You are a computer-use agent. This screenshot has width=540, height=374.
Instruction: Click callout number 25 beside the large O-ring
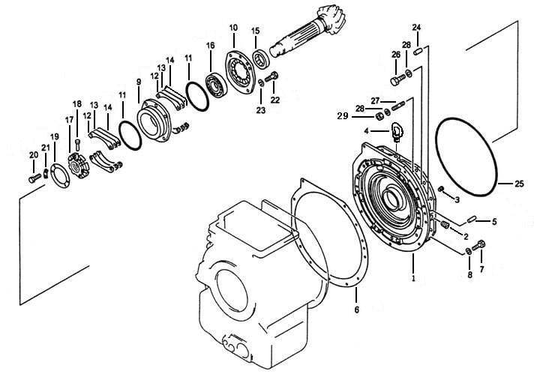click(x=519, y=184)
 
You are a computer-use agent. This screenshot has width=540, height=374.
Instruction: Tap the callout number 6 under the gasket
click(x=357, y=310)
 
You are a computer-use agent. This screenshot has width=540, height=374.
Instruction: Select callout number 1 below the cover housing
click(x=413, y=277)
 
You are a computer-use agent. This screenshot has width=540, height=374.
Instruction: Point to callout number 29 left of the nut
click(x=343, y=116)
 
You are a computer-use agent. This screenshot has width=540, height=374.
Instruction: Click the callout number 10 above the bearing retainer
click(x=233, y=28)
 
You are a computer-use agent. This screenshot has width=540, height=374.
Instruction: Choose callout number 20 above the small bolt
click(x=34, y=155)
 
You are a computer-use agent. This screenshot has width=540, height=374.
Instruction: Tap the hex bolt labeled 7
click(x=478, y=246)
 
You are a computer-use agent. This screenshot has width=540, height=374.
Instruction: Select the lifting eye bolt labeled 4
click(x=397, y=133)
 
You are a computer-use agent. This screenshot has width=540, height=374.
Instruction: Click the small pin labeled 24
click(x=418, y=52)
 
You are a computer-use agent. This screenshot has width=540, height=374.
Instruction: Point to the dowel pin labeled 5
click(x=471, y=219)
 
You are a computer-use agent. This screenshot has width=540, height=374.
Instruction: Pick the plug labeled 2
click(x=445, y=225)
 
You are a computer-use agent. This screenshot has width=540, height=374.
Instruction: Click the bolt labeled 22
click(x=271, y=77)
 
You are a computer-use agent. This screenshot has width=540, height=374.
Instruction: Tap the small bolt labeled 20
click(x=35, y=178)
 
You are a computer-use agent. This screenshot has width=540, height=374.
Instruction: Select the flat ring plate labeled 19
click(x=60, y=176)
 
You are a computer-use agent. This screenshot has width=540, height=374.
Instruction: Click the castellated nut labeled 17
click(x=79, y=166)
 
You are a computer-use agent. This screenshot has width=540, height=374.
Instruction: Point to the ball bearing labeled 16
click(x=217, y=84)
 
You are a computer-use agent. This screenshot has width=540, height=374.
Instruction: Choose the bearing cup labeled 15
click(x=262, y=59)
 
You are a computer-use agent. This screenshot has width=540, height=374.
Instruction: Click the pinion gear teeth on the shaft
click(x=331, y=18)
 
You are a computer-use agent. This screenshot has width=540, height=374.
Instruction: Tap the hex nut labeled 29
click(x=379, y=116)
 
